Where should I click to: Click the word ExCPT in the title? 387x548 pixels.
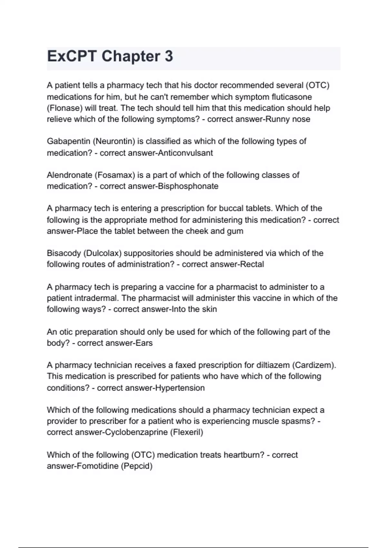tap(72, 56)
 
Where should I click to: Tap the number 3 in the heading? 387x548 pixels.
tap(169, 56)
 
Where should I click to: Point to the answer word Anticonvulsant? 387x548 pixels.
tap(185, 153)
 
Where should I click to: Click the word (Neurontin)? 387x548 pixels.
tap(114, 142)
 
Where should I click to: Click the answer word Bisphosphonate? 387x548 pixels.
tap(188, 186)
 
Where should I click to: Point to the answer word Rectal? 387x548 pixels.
tap(251, 264)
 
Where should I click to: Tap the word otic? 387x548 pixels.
tap(65, 332)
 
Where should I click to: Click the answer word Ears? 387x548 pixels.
tap(144, 343)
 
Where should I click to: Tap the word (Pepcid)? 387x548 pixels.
tap(136, 466)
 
